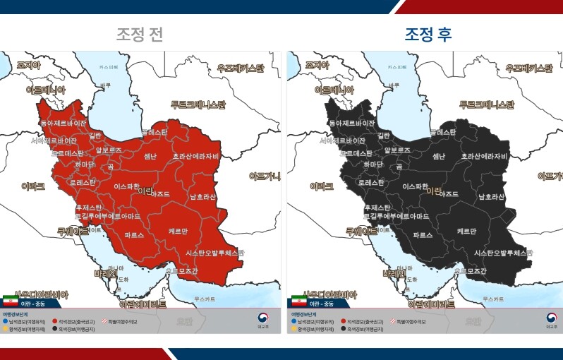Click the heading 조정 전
point(140,34)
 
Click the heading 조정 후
point(428,34)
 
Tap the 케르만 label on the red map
point(178,231)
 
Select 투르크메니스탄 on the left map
point(198,104)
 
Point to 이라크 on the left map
point(33,186)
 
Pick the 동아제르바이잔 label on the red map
point(63,123)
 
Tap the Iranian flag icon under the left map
point(11,301)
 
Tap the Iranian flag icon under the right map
point(298,301)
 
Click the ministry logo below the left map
point(263,320)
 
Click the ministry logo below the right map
point(551,320)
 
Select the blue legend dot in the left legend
point(6,321)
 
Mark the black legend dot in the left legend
point(55,328)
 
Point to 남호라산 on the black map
point(490,197)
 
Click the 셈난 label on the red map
point(150,156)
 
